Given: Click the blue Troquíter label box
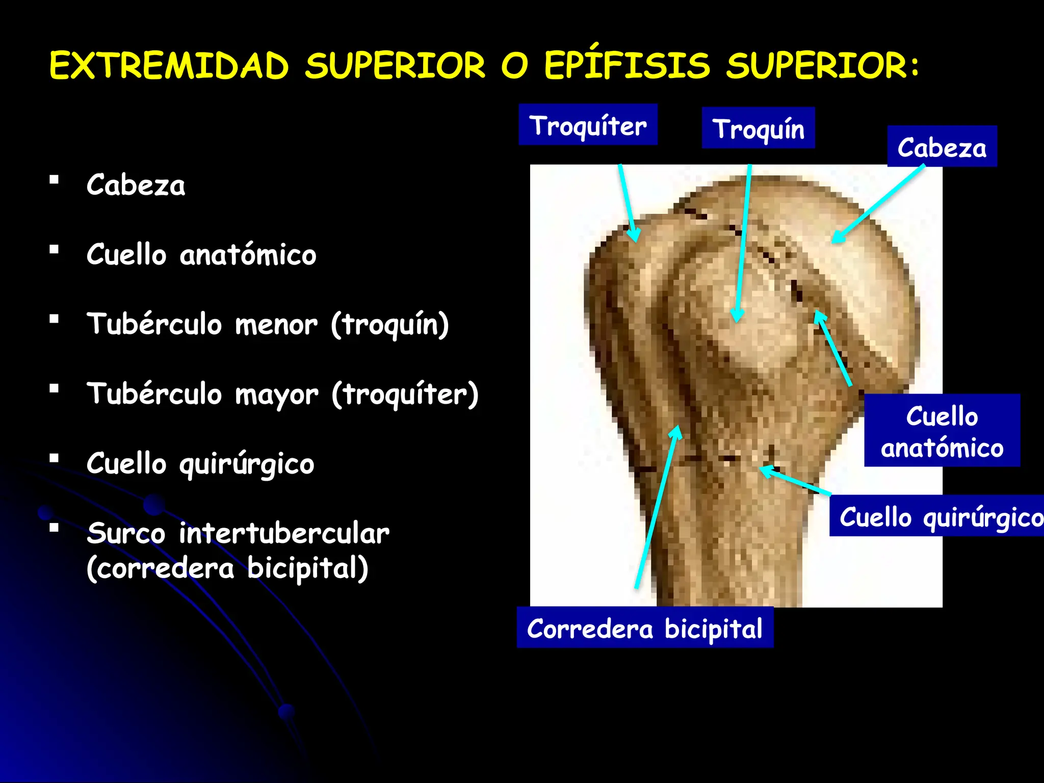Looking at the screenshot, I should coord(588,125).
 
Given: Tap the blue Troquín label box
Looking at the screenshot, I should coord(758,128).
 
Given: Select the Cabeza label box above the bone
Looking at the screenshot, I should coord(942,146).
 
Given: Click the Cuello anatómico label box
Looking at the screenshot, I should coord(942,431).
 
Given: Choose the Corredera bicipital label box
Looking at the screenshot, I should coord(644,628).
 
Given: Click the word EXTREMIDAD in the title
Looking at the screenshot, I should coord(169,65).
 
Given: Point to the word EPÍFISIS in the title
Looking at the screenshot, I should coord(627,65).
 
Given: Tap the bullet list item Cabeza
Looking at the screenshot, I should coord(136,185).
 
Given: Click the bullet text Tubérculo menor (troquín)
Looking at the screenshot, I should coord(267,324).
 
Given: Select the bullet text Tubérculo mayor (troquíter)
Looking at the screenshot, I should coord(282,394).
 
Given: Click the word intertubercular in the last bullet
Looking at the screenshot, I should coord(283,533).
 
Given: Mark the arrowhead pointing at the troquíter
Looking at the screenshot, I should coord(635,237).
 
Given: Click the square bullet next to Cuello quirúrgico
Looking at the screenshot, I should coord(54,458).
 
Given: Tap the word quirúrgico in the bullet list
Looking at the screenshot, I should coord(247,464).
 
